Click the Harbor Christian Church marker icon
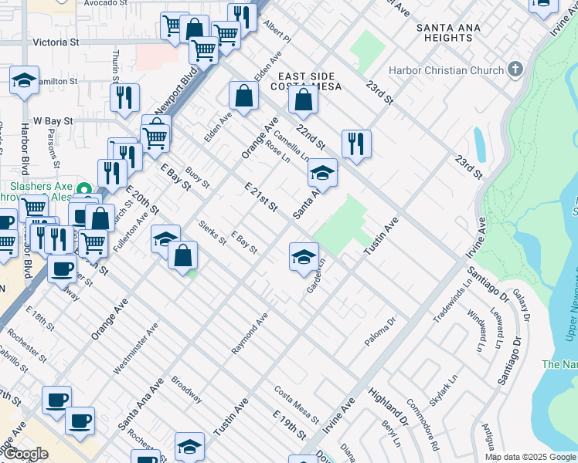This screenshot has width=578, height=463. [515, 70]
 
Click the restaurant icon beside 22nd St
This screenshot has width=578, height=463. [356, 144]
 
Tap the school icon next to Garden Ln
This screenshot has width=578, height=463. [304, 255]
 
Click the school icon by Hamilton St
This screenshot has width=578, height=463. [24, 80]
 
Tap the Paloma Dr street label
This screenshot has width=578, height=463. [380, 330]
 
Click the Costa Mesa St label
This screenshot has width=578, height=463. [297, 404]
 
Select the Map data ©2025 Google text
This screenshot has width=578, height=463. [529, 457]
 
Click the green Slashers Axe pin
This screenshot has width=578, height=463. [86, 188]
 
